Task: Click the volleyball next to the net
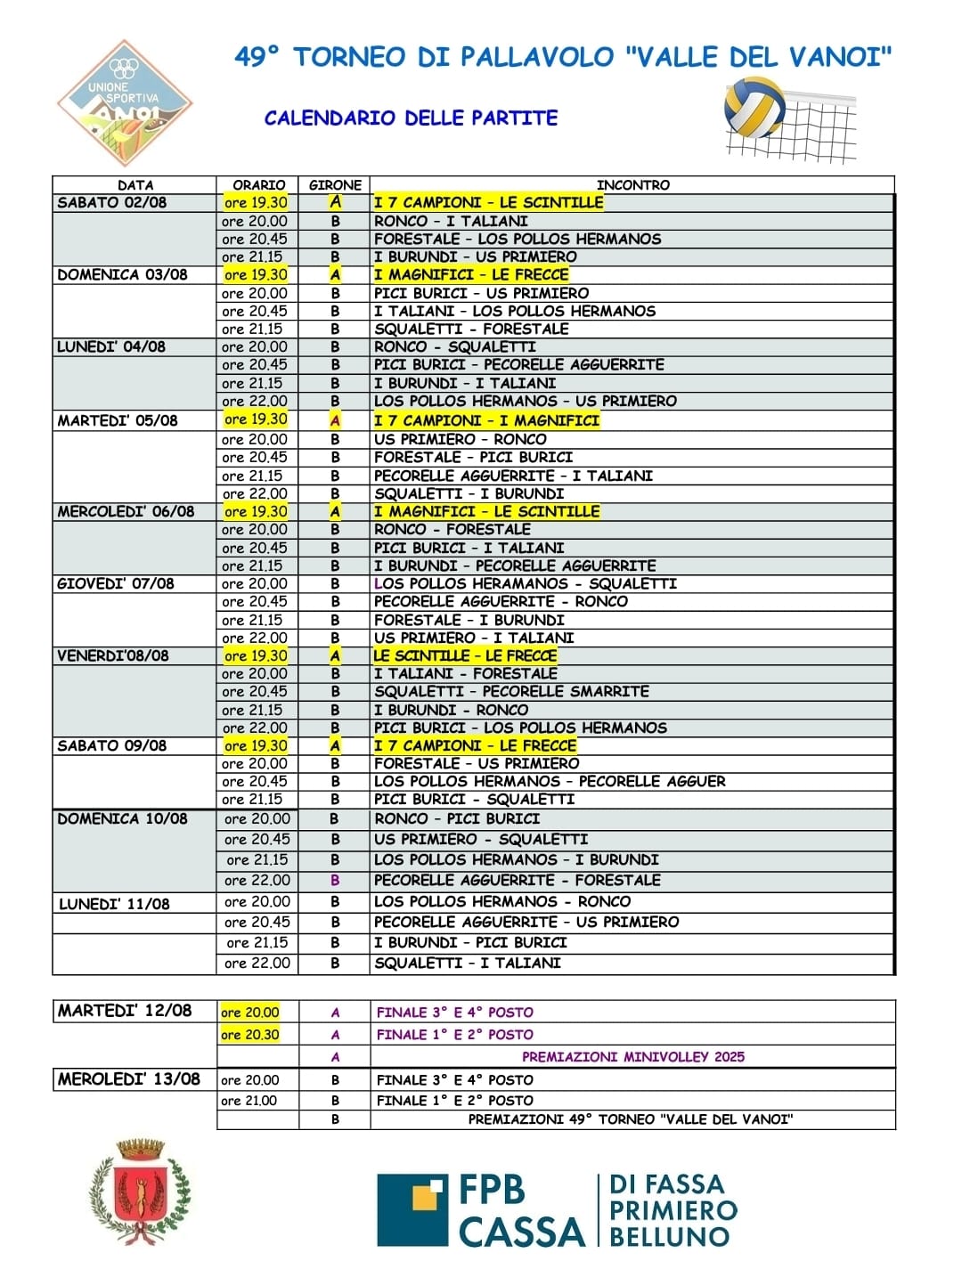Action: tap(754, 108)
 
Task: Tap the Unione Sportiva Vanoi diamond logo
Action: tap(126, 103)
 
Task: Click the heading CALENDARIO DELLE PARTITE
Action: tap(411, 118)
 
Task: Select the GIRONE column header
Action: tap(335, 185)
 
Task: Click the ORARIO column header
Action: tap(258, 185)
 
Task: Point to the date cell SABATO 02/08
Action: tap(112, 202)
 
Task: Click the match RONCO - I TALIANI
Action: tap(451, 221)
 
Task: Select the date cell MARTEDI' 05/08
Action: tap(118, 420)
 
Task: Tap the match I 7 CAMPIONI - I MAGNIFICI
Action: tap(486, 420)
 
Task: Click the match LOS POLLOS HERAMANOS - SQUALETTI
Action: tap(526, 583)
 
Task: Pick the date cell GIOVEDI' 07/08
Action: tap(116, 583)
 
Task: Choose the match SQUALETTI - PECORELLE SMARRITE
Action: tap(511, 691)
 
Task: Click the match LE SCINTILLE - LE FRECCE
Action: tap(465, 655)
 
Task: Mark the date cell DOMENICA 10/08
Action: tap(123, 818)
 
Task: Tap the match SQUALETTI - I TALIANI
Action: tap(468, 963)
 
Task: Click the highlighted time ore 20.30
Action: tap(250, 1035)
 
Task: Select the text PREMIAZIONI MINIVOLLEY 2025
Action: tap(633, 1057)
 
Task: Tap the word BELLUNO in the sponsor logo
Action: tap(669, 1236)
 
